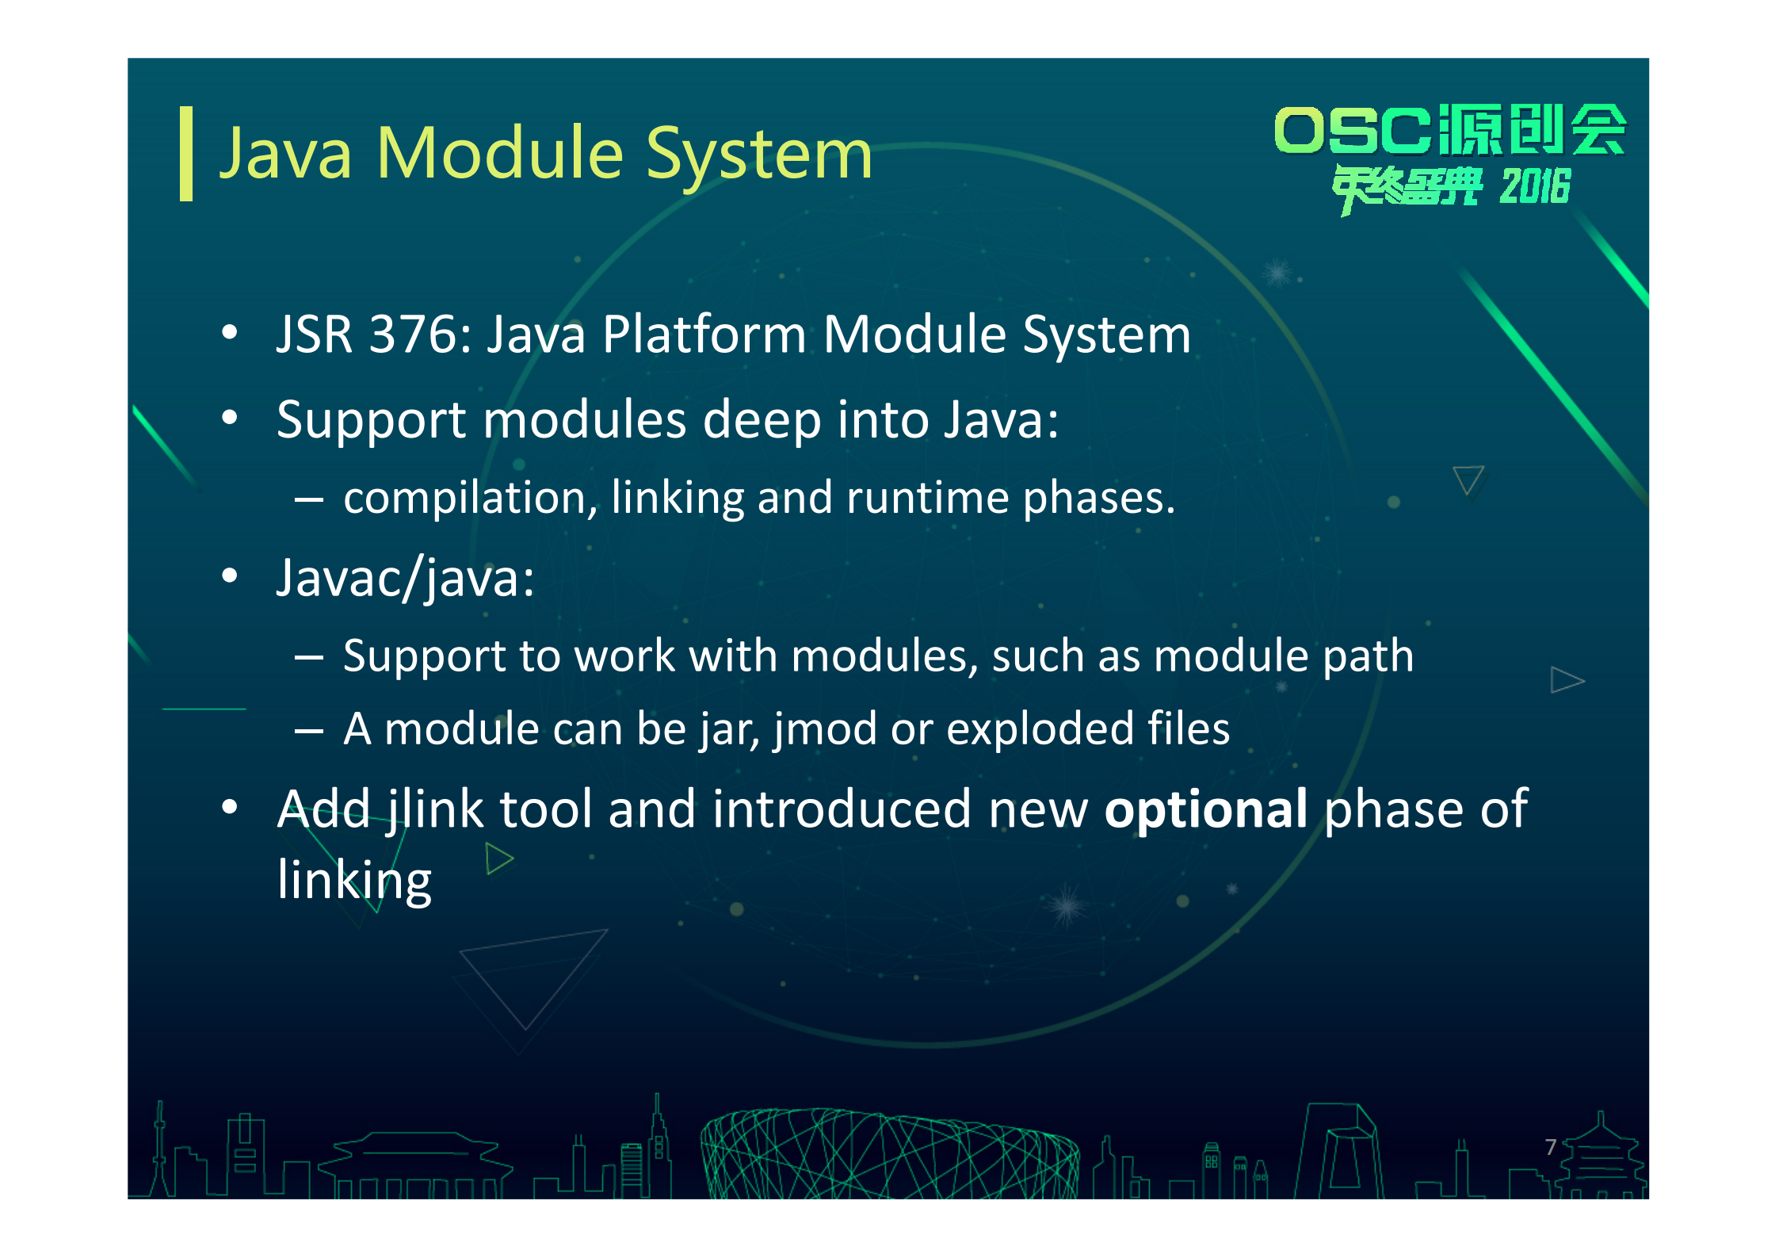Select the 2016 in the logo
point(1534,187)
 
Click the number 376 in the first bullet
point(413,334)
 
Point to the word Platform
point(704,334)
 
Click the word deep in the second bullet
point(762,420)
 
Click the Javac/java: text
point(405,578)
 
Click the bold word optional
point(1205,809)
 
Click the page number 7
point(1551,1146)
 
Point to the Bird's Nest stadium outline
point(888,1154)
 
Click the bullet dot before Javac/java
point(230,577)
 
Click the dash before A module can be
point(308,730)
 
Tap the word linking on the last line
point(354,881)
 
